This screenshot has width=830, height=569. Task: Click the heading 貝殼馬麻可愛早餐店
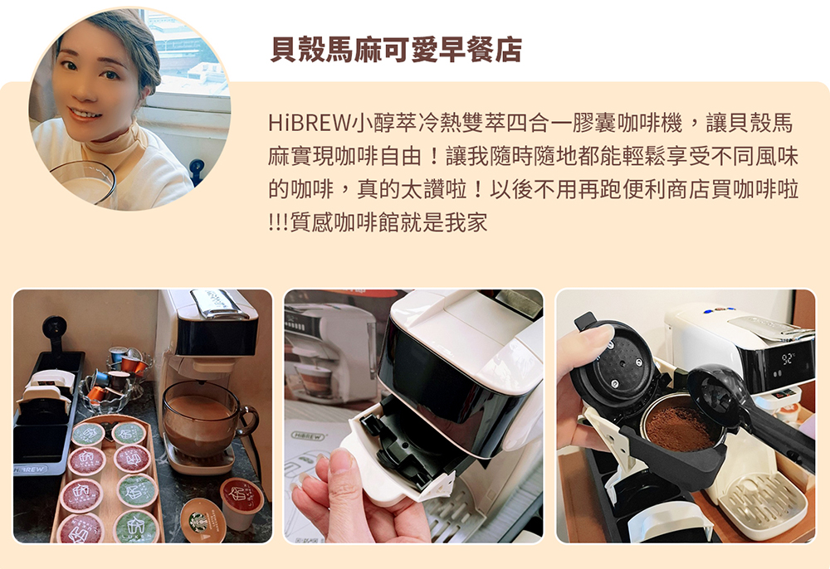click(396, 50)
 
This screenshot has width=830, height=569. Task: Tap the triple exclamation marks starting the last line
click(278, 222)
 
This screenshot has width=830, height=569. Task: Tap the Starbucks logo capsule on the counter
click(203, 520)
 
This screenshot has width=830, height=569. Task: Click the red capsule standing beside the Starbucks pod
click(242, 502)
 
